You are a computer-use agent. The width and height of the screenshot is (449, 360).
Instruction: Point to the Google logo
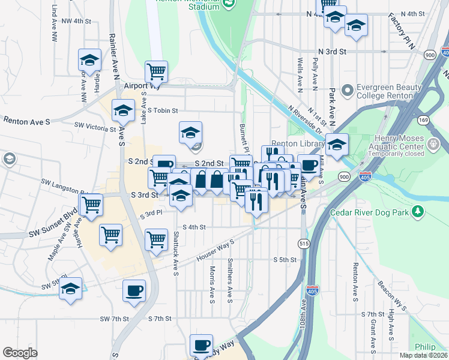20,353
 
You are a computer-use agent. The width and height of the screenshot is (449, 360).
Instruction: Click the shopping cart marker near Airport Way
156,71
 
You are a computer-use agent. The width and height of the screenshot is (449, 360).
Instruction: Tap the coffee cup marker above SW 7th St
134,291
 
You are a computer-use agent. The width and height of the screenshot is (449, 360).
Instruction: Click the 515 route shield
304,242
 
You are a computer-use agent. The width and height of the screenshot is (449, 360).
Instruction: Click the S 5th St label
285,260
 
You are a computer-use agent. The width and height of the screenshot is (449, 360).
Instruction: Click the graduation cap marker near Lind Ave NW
89,60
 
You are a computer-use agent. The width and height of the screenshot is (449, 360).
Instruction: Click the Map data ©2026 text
424,355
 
